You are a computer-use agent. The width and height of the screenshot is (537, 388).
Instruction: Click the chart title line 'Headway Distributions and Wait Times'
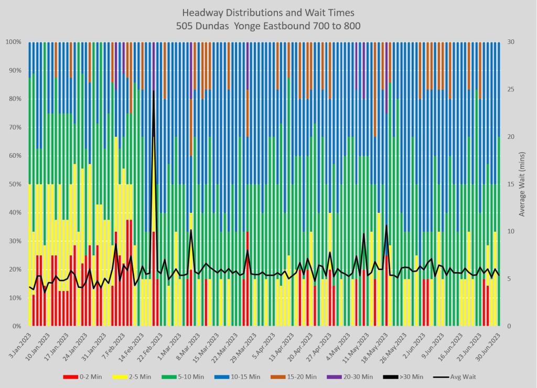click(268, 12)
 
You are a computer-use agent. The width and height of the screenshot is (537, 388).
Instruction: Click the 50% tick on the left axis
click(15, 184)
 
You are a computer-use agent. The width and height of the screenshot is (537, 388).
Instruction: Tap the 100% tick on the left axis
click(13, 42)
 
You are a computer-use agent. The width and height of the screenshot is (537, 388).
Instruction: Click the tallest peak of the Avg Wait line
click(154, 91)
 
